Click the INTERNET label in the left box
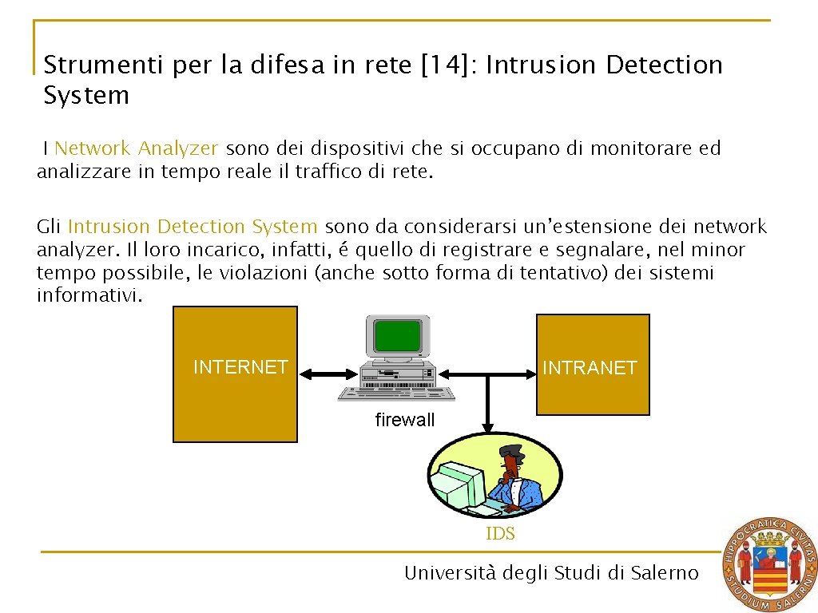[240, 367]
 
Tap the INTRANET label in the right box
[590, 368]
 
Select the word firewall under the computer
[405, 420]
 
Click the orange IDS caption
[500, 534]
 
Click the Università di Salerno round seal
[769, 564]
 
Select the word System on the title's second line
[86, 96]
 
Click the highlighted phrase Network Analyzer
[136, 148]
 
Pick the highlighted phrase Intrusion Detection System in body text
[193, 227]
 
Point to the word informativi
[90, 296]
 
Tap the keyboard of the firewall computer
[396, 393]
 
